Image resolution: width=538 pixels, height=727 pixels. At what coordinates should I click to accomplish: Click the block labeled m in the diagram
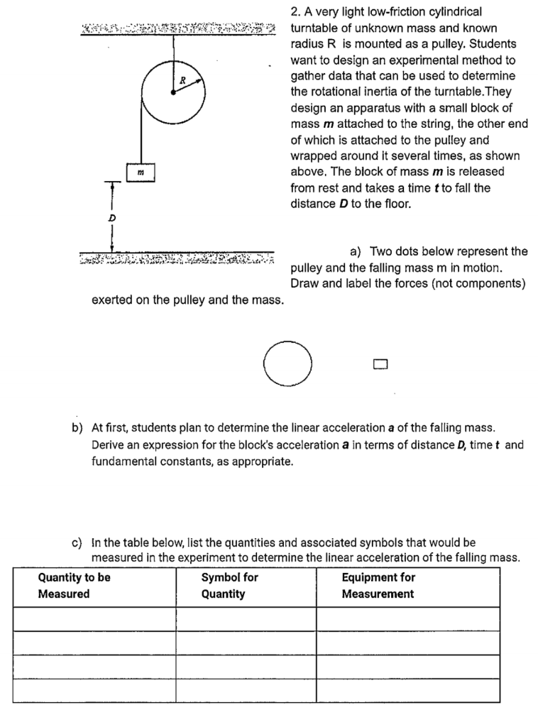point(141,171)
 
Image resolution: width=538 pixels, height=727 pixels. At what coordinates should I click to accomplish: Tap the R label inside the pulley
point(182,80)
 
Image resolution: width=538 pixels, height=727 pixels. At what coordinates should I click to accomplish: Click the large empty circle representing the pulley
point(287,363)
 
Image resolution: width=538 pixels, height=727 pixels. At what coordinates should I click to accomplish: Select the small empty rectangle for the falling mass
point(380,364)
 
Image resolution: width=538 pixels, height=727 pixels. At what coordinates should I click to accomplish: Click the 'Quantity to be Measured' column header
point(75,585)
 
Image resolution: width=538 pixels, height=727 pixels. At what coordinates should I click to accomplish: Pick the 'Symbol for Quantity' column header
point(229,585)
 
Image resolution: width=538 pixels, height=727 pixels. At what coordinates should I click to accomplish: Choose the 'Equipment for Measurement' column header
point(378,585)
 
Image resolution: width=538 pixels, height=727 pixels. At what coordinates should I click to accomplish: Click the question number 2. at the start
point(295,12)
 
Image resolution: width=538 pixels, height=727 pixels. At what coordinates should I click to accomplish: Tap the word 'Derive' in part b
point(109,445)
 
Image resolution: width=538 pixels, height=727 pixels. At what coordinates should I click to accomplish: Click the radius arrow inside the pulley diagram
point(189,85)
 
